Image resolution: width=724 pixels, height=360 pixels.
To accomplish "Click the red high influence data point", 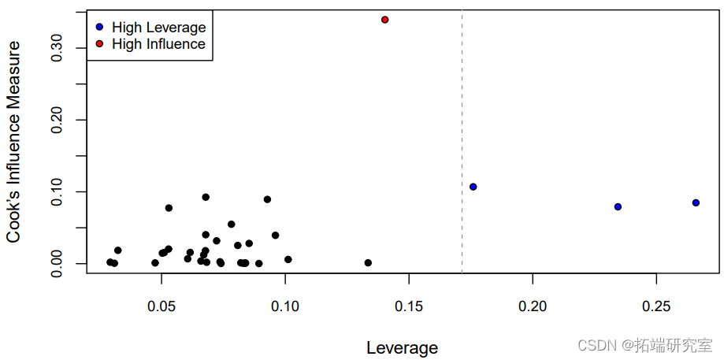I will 384,20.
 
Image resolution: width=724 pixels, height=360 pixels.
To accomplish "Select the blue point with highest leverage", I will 696,202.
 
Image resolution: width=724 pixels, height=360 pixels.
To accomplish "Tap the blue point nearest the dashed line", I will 473,187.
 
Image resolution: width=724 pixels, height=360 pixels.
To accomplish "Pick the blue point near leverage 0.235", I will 618,206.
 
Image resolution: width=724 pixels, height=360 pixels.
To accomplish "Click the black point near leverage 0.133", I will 368,262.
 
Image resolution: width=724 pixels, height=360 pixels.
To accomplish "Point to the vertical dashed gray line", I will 462,142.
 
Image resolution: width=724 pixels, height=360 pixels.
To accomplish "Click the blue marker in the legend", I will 99,28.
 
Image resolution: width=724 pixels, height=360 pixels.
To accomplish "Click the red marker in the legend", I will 99,44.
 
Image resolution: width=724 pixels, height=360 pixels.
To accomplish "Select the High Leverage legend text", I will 158,28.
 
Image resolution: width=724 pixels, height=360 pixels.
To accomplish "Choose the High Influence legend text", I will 158,44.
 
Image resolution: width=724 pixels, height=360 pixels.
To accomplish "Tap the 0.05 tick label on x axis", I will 162,304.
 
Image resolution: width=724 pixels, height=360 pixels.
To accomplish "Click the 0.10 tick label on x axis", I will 285,304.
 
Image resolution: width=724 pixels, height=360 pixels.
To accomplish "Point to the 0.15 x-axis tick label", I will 409,304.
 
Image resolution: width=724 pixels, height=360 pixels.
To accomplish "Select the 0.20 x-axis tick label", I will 533,304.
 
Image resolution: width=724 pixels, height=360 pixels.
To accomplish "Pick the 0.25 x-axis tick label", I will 656,304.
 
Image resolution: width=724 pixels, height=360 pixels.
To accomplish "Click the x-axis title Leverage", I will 402,347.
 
